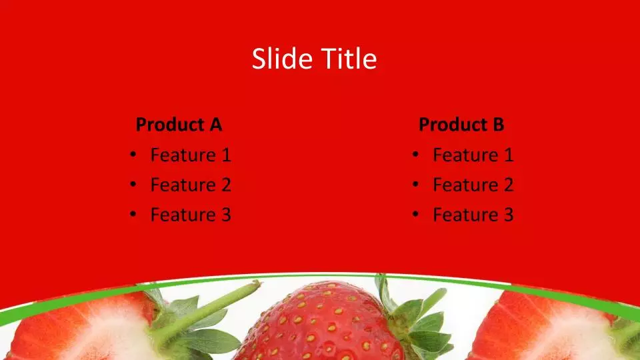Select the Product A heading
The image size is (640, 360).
coord(179,125)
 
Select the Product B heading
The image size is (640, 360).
coord(461,125)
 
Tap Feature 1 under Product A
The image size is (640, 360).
coord(191,155)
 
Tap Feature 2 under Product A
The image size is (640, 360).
coord(191,185)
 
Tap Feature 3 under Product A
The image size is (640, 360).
coord(191,215)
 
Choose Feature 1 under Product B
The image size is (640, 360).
coord(473,155)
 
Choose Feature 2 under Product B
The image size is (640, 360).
coord(473,185)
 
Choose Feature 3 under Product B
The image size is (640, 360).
coord(473,215)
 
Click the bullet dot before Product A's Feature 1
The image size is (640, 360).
coord(133,154)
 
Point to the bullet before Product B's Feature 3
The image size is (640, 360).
coord(415,214)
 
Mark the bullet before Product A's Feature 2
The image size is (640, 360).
coord(133,184)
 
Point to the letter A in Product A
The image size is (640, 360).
coord(216,125)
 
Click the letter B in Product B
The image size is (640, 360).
coord(499,125)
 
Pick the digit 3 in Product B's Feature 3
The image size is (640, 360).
coord(509,215)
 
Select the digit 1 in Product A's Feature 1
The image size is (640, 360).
coord(226,155)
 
